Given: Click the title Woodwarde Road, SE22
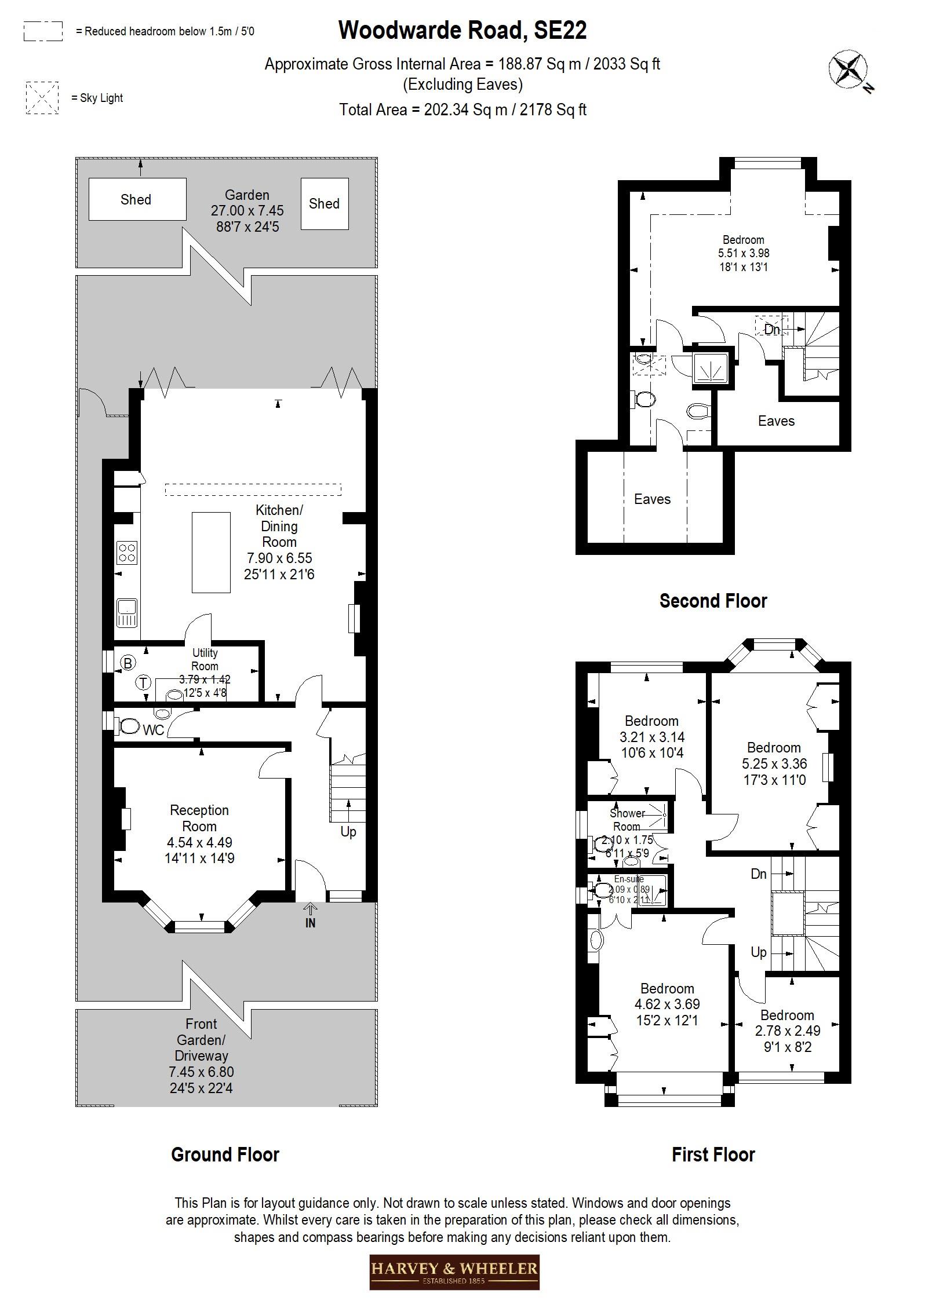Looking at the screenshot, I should click(x=462, y=30).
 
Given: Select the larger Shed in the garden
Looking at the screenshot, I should click(x=137, y=199).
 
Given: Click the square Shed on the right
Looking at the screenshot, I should click(x=324, y=203).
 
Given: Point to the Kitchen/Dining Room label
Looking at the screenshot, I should click(x=279, y=526).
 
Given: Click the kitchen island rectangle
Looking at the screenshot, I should click(x=211, y=552).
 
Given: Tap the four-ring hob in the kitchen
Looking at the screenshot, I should click(x=127, y=552).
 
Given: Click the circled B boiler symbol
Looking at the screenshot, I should click(x=128, y=663).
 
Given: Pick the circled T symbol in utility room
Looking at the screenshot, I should click(x=143, y=683).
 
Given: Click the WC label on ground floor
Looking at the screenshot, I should click(x=153, y=730).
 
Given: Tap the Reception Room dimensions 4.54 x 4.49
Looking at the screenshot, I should click(x=199, y=842).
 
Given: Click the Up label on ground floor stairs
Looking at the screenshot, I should click(x=348, y=831).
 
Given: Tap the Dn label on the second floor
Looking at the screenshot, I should click(x=771, y=330).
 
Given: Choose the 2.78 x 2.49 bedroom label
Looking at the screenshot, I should click(x=787, y=1031).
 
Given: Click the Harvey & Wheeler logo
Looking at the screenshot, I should click(x=454, y=1272).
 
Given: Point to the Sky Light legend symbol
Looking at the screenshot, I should click(x=42, y=98).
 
